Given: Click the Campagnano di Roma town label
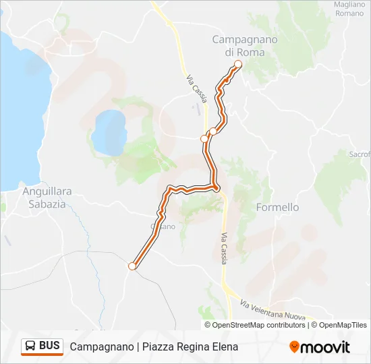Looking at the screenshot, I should click(244, 45).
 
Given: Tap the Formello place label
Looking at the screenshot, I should click(277, 208).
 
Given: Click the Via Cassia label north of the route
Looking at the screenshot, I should click(196, 88).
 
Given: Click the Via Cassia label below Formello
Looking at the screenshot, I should click(223, 247).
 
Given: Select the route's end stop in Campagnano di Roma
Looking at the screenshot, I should click(237, 64).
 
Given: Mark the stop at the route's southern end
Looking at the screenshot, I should click(132, 266).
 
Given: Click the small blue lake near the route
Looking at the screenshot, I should click(108, 131).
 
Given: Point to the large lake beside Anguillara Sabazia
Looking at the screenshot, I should click(20, 101).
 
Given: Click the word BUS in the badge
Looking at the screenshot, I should click(49, 346).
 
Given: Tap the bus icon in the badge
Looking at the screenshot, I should click(30, 346).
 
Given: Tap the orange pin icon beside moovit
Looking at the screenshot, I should click(294, 347).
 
